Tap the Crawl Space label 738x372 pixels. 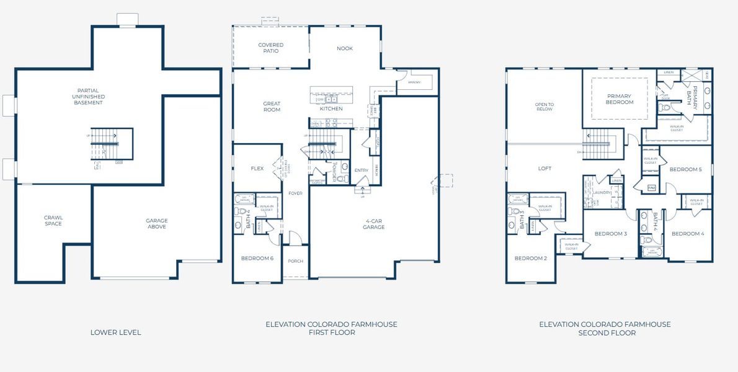(53, 220)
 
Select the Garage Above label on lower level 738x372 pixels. (156, 223)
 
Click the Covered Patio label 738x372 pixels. (271, 48)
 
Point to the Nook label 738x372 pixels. (344, 48)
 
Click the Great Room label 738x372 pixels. (272, 107)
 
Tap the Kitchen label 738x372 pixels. (331, 109)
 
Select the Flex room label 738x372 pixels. (257, 169)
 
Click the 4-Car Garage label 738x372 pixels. (373, 223)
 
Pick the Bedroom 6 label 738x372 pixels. (257, 258)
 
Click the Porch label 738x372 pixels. (296, 261)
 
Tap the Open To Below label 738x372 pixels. (544, 107)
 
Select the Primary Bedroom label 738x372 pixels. (620, 99)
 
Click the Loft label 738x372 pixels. (545, 169)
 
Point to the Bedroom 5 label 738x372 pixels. (685, 169)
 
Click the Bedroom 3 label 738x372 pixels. (610, 234)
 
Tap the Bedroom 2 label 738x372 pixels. (530, 258)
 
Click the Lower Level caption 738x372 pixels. (115, 332)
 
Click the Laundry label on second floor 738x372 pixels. (603, 193)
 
